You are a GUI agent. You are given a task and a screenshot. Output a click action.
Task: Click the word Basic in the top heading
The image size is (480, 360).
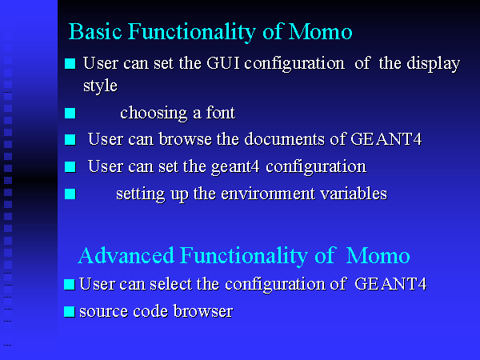(x=95, y=31)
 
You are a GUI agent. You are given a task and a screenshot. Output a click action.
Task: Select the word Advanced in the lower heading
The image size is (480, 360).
(x=126, y=255)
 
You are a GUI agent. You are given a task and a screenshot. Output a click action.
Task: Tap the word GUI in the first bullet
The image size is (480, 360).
(x=223, y=63)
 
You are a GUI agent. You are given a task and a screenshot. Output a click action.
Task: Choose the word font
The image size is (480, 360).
(x=221, y=112)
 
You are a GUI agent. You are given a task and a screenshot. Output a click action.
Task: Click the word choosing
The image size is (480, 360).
(x=154, y=114)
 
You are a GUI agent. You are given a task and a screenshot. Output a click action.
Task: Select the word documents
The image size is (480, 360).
(x=284, y=139)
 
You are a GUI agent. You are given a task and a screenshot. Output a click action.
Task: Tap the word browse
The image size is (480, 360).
(x=186, y=139)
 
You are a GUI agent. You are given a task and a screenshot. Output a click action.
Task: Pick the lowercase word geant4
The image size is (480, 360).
(x=235, y=168)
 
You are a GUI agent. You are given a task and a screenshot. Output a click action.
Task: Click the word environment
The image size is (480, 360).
(x=268, y=194)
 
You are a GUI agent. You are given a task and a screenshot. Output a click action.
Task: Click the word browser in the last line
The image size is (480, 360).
(x=203, y=311)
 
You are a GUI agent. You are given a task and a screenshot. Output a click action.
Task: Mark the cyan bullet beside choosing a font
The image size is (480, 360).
(x=70, y=114)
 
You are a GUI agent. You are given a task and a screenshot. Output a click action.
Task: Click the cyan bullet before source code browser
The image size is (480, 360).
(x=70, y=312)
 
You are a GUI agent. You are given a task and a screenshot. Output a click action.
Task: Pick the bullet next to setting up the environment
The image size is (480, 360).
(x=70, y=194)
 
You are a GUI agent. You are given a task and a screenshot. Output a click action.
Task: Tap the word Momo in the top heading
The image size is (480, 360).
(x=321, y=32)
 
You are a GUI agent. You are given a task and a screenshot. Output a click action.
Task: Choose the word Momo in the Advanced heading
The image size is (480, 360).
(x=378, y=256)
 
